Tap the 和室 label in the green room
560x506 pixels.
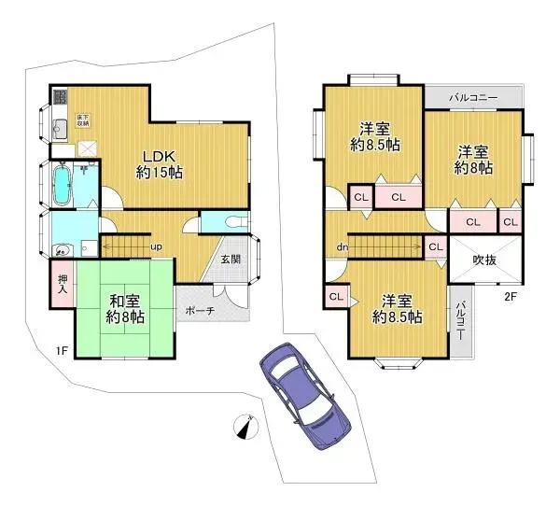point(123,309)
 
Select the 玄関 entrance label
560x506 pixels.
point(231,259)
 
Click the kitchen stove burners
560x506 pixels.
point(57,97)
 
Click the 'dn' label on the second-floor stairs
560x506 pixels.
point(343,247)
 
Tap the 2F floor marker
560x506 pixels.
point(510,297)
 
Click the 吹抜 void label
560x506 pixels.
point(483,259)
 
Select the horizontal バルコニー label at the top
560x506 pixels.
point(472,98)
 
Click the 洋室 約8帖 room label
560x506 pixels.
point(474,160)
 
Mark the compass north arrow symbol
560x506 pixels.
point(245,427)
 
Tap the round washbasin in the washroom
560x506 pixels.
point(62,250)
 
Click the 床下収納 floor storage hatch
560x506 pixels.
point(86,147)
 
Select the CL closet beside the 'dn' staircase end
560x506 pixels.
point(434,246)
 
